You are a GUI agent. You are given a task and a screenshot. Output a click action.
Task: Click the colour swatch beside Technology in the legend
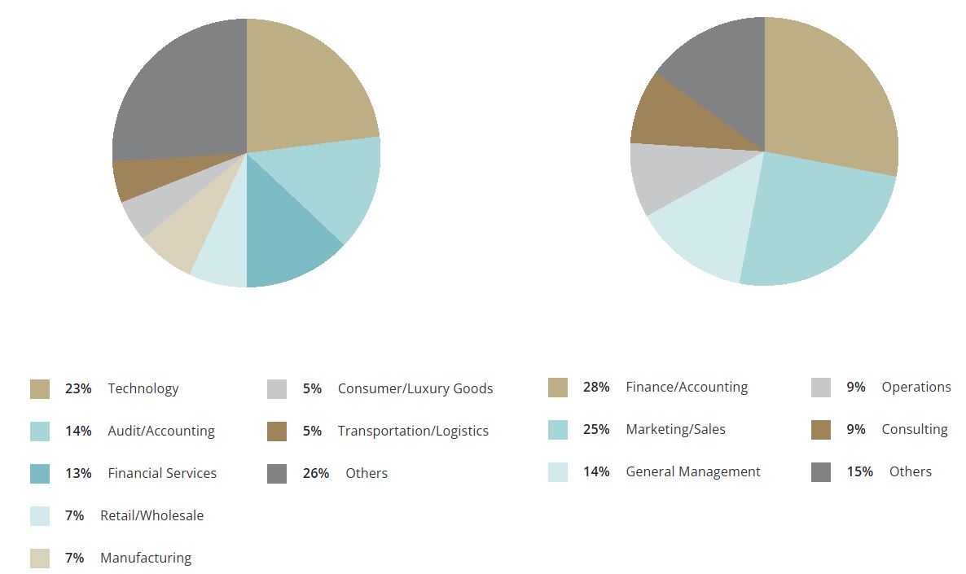[x=40, y=389]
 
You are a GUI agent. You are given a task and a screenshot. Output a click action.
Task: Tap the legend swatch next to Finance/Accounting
[x=558, y=388]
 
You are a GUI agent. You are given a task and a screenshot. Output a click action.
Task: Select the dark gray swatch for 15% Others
[x=821, y=472]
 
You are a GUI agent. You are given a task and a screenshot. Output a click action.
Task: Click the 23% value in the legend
[x=78, y=389]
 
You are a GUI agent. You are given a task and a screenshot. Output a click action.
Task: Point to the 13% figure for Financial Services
[x=78, y=474]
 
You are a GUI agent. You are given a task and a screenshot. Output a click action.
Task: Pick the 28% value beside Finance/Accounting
[x=596, y=388]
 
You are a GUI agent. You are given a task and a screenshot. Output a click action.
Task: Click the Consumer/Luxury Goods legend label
[x=415, y=389]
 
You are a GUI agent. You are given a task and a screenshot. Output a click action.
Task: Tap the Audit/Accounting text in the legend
[x=161, y=432]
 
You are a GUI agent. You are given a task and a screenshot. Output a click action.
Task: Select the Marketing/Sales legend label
[x=675, y=430]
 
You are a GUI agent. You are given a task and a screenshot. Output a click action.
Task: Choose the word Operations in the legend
[x=916, y=388]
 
